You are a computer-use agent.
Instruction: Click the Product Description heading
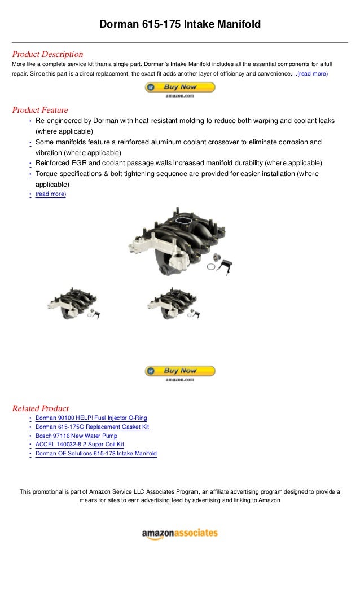tap(47, 54)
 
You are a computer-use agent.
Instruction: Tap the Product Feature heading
tap(39, 110)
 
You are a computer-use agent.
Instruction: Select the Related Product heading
tap(40, 408)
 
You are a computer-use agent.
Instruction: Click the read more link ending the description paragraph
tap(312, 74)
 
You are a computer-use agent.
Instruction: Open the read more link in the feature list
tap(50, 194)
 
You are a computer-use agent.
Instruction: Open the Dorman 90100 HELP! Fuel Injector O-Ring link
tap(91, 418)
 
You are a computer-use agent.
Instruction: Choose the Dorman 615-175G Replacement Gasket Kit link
tap(92, 427)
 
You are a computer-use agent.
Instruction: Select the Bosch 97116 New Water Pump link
tap(76, 436)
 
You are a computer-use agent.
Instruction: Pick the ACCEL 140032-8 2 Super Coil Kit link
tap(80, 445)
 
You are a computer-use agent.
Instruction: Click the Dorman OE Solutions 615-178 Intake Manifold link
tap(96, 454)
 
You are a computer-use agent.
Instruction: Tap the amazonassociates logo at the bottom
tap(179, 533)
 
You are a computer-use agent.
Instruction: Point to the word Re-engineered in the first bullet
tap(55, 121)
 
